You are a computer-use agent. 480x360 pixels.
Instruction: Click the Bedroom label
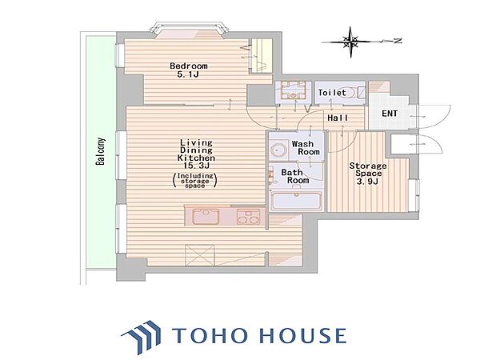pyautogui.click(x=189, y=66)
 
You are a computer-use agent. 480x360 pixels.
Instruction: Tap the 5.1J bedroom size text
pyautogui.click(x=188, y=74)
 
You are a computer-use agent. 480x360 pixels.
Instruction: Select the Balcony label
pyautogui.click(x=101, y=152)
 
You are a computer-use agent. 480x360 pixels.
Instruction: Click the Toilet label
pyautogui.click(x=332, y=93)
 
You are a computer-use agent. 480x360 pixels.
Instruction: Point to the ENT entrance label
pyautogui.click(x=390, y=114)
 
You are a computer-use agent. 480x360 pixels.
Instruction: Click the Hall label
pyautogui.click(x=338, y=118)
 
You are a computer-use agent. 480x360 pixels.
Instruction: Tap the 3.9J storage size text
pyautogui.click(x=369, y=182)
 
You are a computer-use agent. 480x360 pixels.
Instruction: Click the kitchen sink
pyautogui.click(x=206, y=216)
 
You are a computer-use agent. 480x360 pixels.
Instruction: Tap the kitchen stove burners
pyautogui.click(x=248, y=217)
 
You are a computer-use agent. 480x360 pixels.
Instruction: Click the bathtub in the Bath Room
pyautogui.click(x=296, y=201)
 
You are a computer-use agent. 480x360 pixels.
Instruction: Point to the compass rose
pyautogui.click(x=351, y=42)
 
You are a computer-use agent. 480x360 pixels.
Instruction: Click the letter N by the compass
pyautogui.click(x=398, y=41)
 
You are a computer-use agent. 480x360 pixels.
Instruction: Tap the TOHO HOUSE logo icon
pyautogui.click(x=142, y=336)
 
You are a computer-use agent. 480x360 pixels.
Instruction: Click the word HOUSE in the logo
pyautogui.click(x=302, y=335)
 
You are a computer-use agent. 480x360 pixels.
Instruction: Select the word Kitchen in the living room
pyautogui.click(x=196, y=158)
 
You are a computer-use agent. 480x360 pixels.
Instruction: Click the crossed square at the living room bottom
pyautogui.click(x=200, y=255)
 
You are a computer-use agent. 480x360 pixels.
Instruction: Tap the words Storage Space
pyautogui.click(x=368, y=170)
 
